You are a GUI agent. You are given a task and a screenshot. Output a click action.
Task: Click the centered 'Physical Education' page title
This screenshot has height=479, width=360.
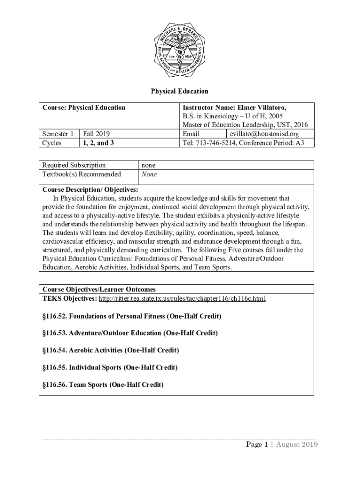point(180,91)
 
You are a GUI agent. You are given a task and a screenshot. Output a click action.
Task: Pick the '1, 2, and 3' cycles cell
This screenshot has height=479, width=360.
point(98,143)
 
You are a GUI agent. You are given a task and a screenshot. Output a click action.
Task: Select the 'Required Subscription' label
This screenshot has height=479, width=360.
point(74,165)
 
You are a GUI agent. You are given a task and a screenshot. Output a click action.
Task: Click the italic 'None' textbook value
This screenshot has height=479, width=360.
point(149,174)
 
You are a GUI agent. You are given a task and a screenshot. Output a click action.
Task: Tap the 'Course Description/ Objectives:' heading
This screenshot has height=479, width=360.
point(90,189)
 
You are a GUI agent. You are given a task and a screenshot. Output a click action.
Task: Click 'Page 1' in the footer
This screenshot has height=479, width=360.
point(257,444)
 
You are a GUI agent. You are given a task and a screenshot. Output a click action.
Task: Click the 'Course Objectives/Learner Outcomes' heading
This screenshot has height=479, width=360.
point(99,289)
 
